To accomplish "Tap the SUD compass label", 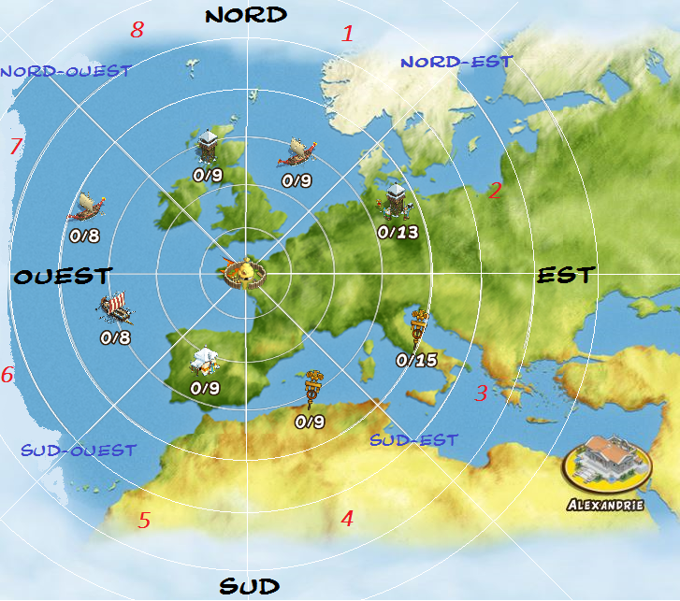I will [249, 586].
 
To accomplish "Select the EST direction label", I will [565, 275].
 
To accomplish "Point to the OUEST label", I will [63, 277].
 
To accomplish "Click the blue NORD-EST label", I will [456, 62].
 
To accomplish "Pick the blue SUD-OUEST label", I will [78, 451].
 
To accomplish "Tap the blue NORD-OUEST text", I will [65, 70].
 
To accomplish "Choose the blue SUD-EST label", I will [413, 439].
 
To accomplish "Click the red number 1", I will [348, 35].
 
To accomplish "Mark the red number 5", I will [144, 521].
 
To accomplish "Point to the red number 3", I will [481, 394].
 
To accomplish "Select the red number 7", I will [15, 147].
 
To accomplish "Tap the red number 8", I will [137, 30].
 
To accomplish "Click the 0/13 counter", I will [397, 232].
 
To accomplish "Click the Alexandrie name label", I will [605, 505].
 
